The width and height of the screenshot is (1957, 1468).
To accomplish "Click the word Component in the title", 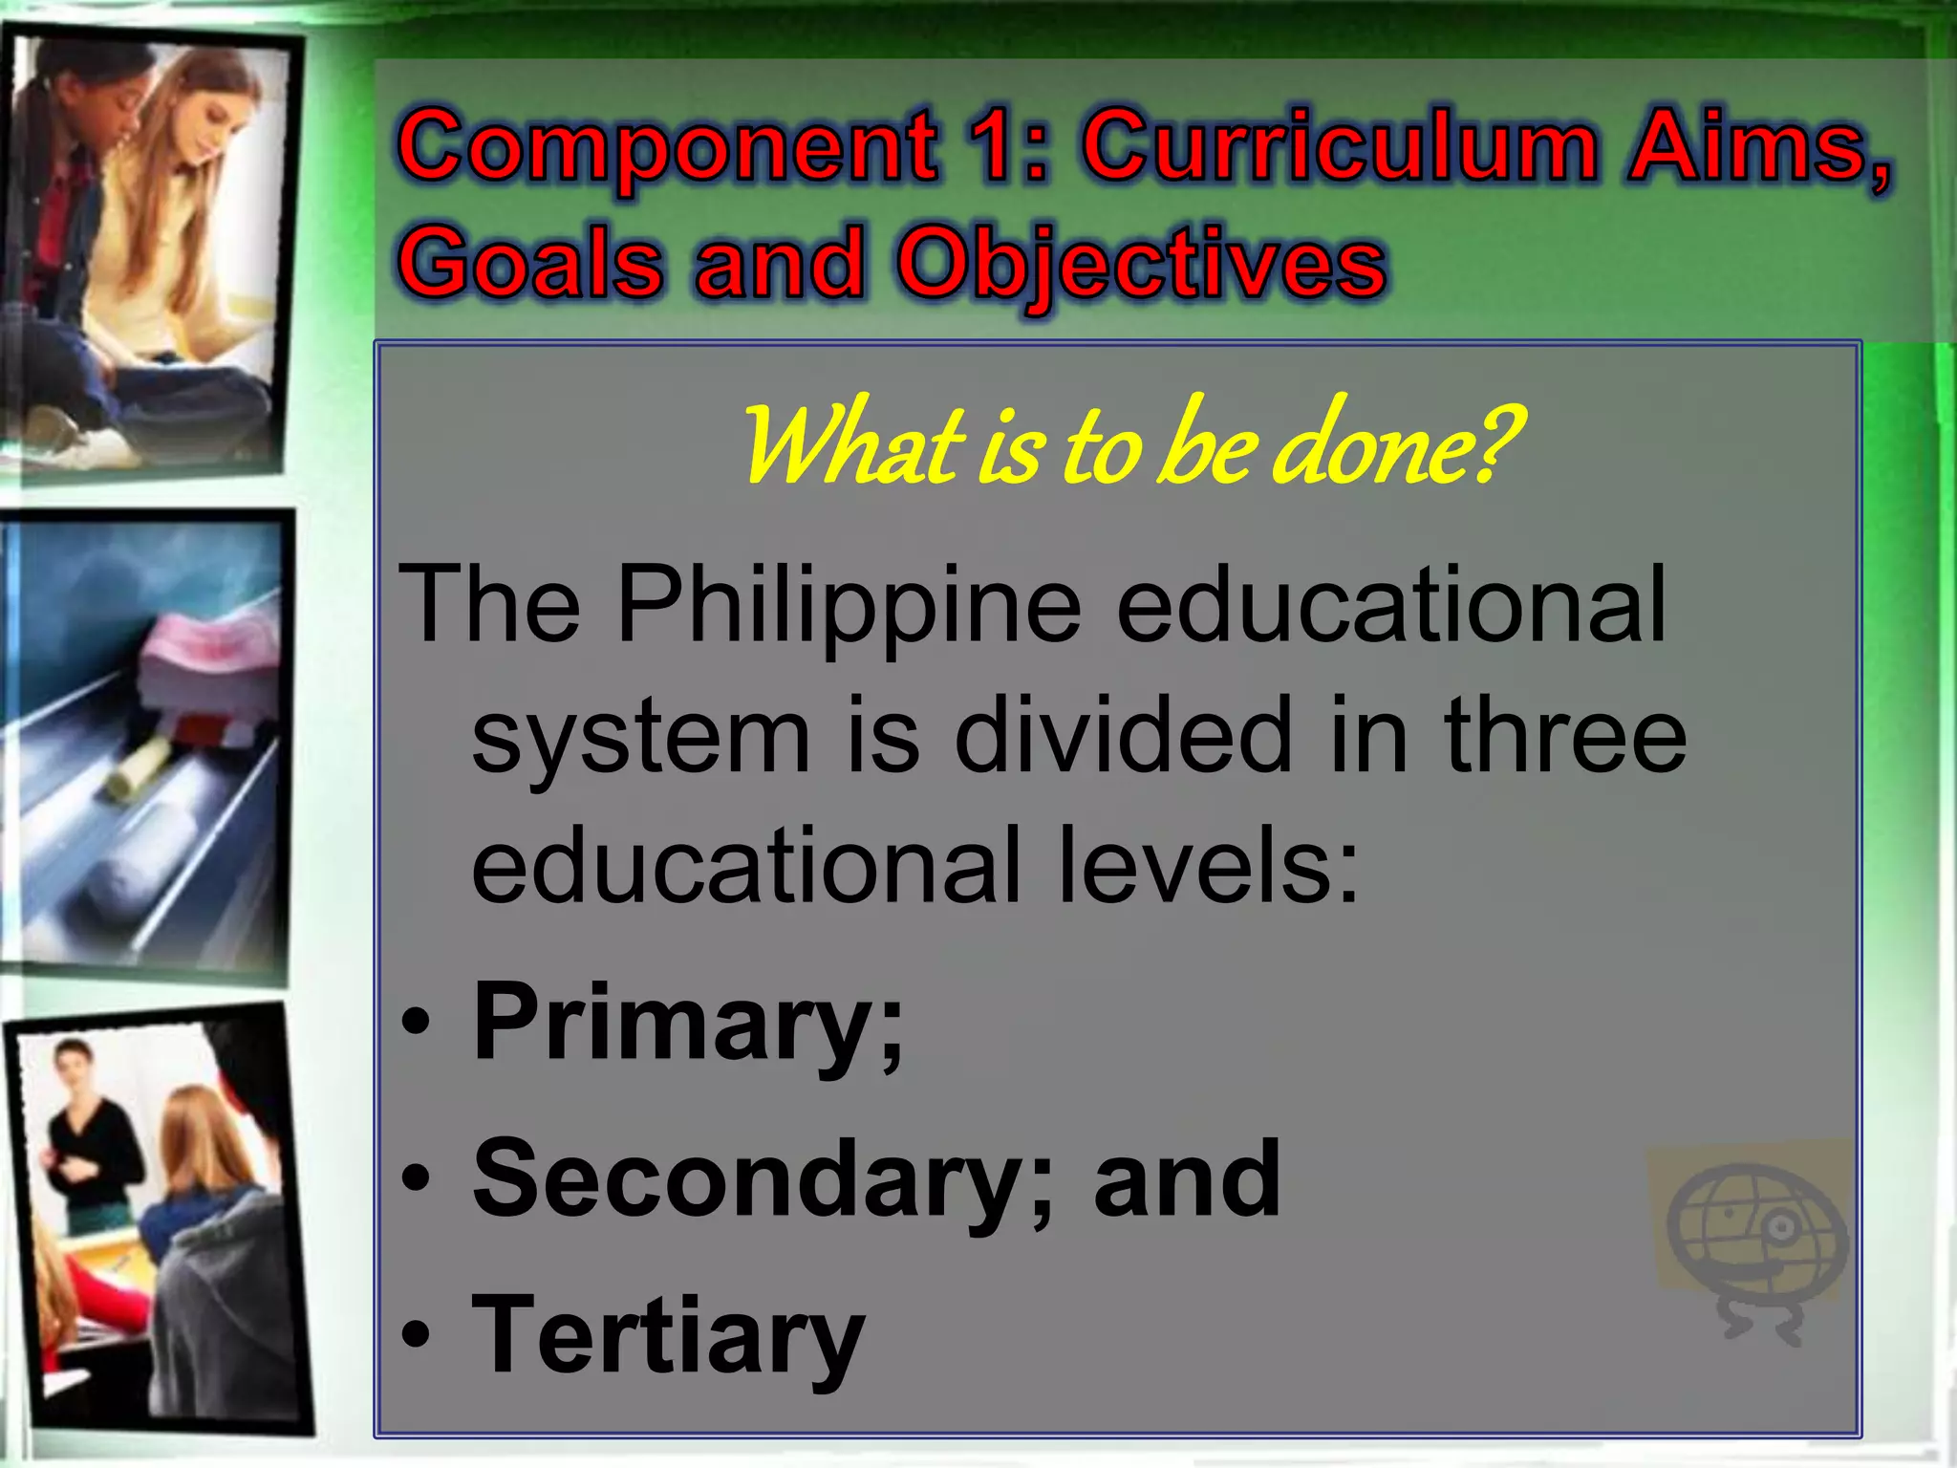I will tap(667, 149).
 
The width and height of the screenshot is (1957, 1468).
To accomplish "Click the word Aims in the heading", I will tap(1756, 147).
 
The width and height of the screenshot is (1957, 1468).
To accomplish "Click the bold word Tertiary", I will tap(668, 1336).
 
